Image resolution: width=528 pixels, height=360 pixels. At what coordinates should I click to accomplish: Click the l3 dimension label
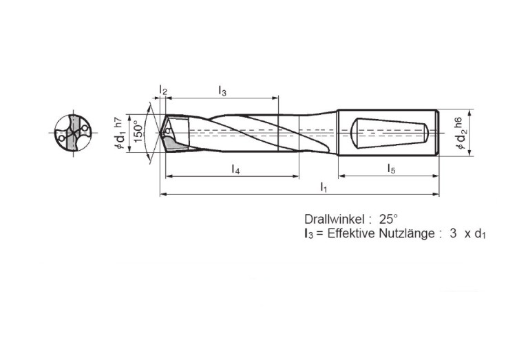pos(222,91)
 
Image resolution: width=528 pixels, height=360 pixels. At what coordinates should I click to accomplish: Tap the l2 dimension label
pos(163,90)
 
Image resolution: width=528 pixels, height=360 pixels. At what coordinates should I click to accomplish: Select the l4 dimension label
pos(235,169)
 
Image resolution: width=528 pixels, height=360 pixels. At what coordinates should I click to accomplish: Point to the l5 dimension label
pos(391,169)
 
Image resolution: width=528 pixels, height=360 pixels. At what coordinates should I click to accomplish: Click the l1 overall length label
pos(324,187)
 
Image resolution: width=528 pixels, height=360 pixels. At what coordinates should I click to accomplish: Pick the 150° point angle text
pos(138,131)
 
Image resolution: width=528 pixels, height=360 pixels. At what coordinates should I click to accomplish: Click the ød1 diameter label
pos(121,140)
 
